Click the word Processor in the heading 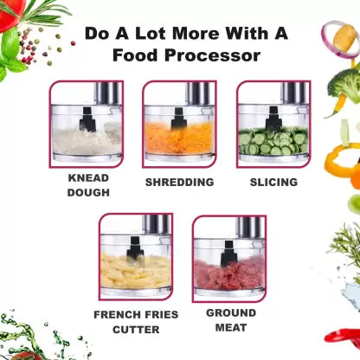[212, 55]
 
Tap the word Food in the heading [136, 55]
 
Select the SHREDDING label [179, 183]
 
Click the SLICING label [273, 183]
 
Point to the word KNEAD [88, 177]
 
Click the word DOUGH [88, 192]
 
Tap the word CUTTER [136, 330]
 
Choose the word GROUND [231, 312]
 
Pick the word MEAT [231, 328]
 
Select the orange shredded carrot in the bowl [179, 138]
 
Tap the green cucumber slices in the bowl [273, 142]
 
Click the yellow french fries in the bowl [136, 273]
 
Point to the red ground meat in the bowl [229, 274]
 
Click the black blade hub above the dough [87, 119]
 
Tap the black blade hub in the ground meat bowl [228, 254]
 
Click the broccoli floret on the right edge [344, 84]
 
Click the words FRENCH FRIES [136, 314]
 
